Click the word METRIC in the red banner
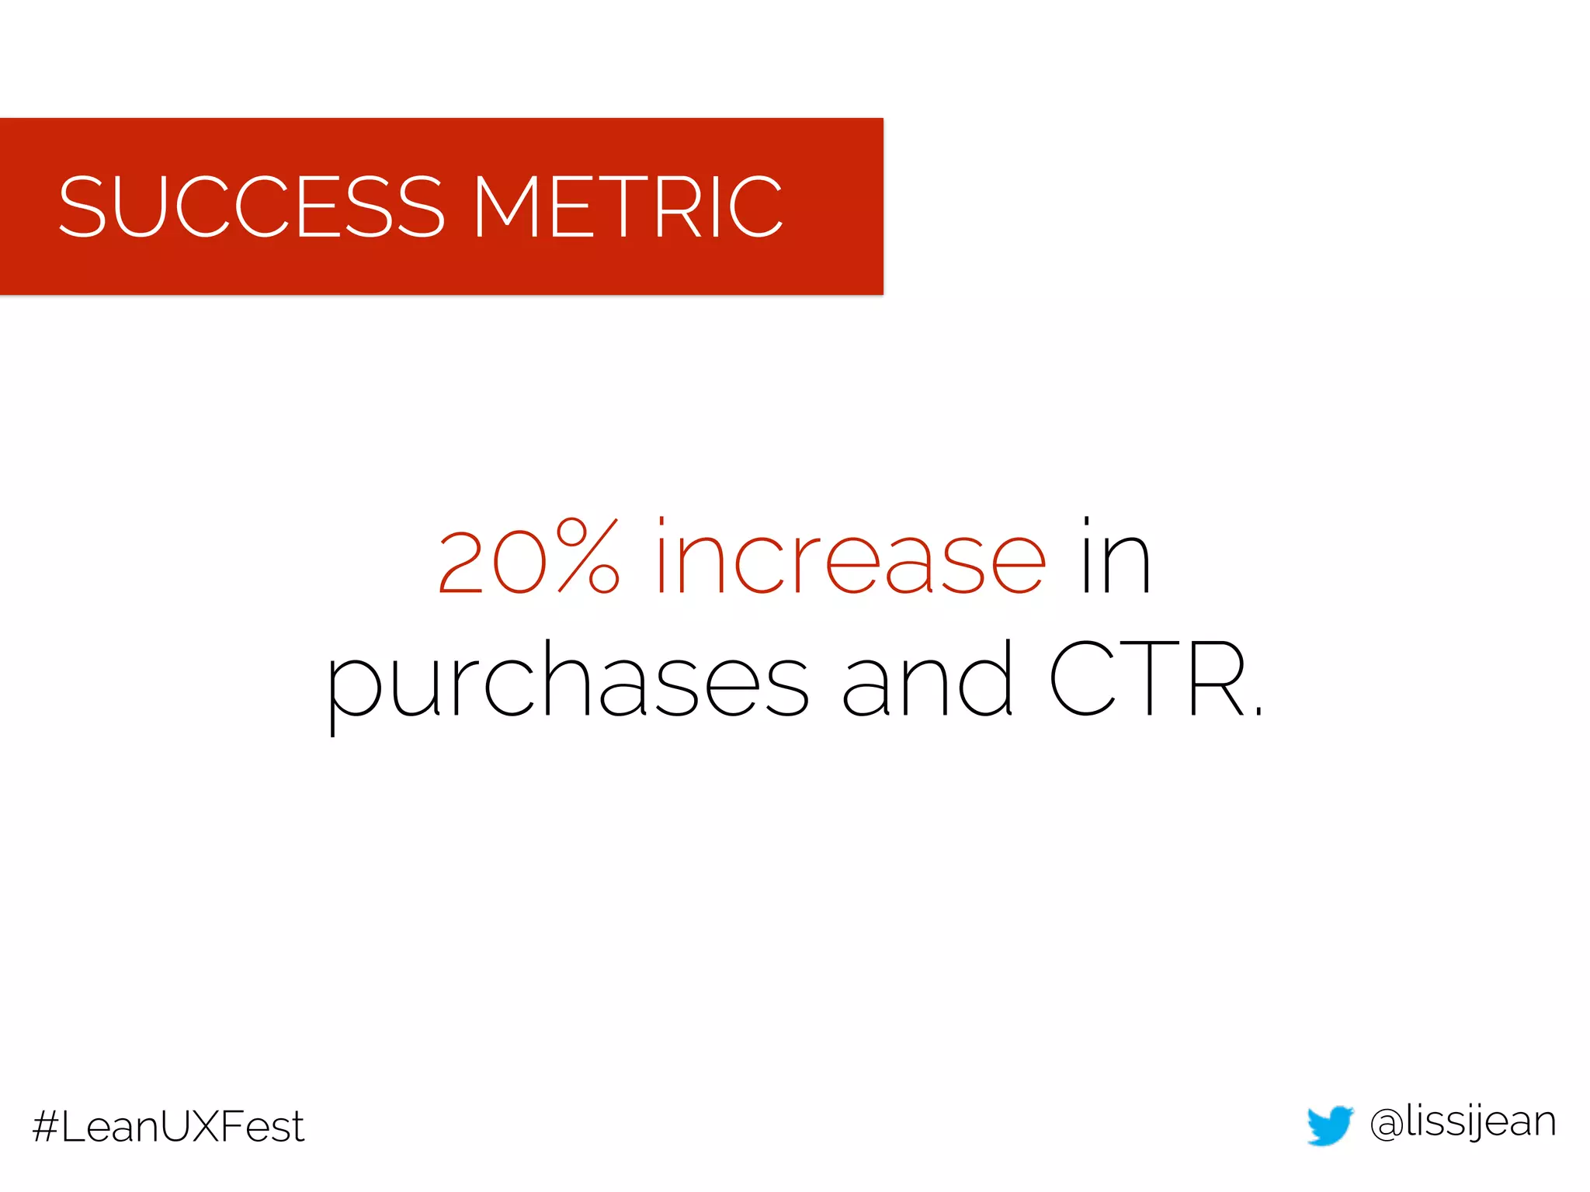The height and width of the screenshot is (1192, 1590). pos(628,206)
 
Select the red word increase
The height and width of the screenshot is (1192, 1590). pos(851,557)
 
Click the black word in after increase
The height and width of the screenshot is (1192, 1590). pos(1116,557)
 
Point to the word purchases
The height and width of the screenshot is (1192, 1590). pos(568,681)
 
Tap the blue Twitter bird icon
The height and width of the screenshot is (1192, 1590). pos(1330,1124)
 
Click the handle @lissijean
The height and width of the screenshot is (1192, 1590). pos(1463,1123)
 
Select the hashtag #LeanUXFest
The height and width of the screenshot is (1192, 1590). pos(168,1126)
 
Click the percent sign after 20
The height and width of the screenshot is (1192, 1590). pos(588,557)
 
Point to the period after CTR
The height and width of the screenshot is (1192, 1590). pos(1258,711)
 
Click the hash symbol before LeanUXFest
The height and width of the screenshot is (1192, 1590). pos(46,1127)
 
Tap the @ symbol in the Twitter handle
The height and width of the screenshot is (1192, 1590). pos(1387,1124)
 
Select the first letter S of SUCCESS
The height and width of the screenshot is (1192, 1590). pos(82,206)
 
